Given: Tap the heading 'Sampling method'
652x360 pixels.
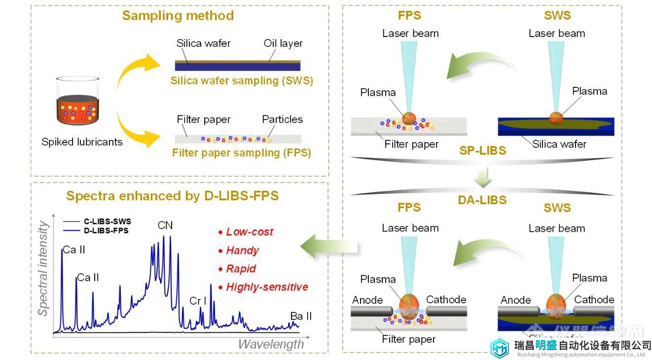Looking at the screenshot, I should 178,16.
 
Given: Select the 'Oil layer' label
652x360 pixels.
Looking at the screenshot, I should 283,43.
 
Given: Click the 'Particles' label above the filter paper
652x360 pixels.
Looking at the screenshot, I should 282,119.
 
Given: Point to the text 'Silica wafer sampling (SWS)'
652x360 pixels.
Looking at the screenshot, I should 242,81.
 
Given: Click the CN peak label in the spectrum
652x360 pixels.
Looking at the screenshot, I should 165,225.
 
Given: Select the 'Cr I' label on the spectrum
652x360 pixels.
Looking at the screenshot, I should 198,301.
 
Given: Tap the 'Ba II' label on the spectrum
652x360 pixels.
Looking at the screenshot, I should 301,316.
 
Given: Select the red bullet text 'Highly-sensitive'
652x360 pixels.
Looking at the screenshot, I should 267,287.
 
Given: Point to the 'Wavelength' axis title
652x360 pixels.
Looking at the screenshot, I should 271,344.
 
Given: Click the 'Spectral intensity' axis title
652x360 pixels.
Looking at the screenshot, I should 43,269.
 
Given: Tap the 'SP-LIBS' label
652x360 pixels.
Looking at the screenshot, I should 482,151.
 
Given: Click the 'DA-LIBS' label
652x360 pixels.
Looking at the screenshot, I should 482,200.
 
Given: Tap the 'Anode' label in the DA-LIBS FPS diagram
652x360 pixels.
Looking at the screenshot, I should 367,300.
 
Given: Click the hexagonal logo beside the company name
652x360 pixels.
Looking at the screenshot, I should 500,348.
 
